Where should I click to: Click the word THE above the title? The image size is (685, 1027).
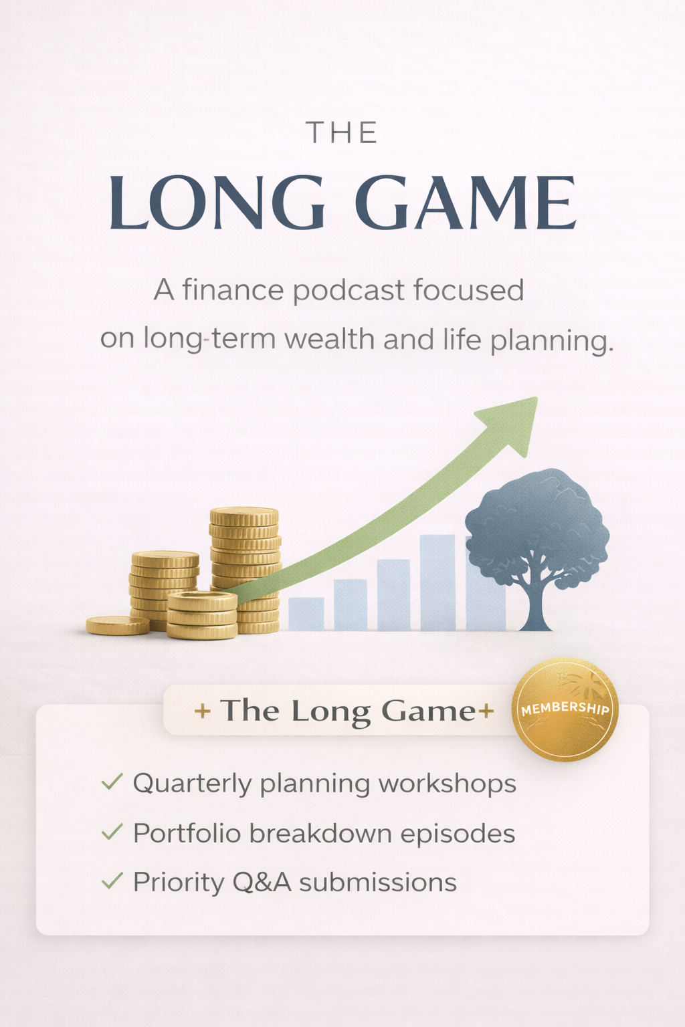[342, 133]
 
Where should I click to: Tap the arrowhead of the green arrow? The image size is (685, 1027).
[514, 421]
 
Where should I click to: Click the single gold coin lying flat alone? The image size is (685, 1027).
[118, 625]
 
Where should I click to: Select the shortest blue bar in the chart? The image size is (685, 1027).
[306, 613]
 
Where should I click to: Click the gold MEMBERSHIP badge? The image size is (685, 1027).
[565, 709]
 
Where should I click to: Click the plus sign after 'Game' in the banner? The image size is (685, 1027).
[486, 711]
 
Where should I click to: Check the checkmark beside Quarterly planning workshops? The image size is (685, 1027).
[112, 782]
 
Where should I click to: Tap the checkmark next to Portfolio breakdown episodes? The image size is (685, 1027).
[112, 832]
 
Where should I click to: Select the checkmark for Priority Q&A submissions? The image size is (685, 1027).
[112, 881]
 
